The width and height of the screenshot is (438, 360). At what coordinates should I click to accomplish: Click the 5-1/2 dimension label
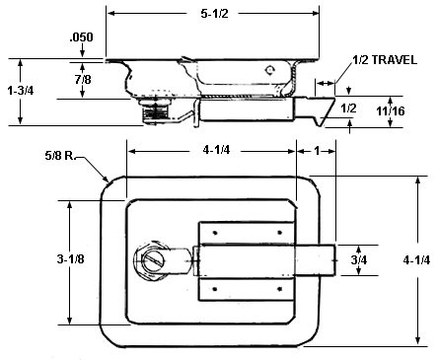pos(214,14)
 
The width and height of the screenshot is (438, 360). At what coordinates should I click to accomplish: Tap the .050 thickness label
pos(81,36)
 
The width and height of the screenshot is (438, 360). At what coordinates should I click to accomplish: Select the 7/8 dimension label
pos(83,79)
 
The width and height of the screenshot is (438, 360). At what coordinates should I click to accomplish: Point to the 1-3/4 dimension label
pos(21,90)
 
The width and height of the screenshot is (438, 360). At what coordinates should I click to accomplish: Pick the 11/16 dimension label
pos(391,111)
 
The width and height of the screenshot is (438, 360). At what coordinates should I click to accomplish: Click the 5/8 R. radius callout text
pos(60,156)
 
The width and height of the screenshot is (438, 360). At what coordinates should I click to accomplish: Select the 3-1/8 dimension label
pos(70,259)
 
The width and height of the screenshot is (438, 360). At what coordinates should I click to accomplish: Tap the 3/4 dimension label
pos(359,260)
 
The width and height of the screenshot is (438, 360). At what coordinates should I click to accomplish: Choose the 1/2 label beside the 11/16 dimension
pos(348,108)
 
